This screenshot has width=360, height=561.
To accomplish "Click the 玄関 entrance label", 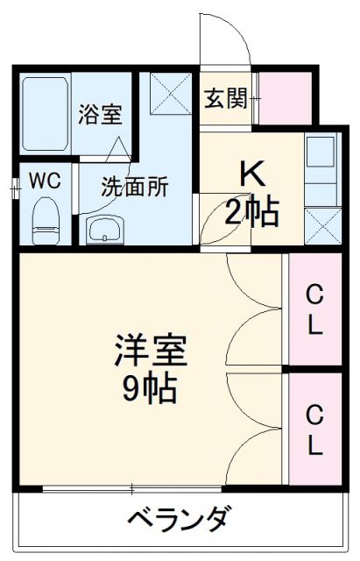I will click(x=225, y=98).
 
